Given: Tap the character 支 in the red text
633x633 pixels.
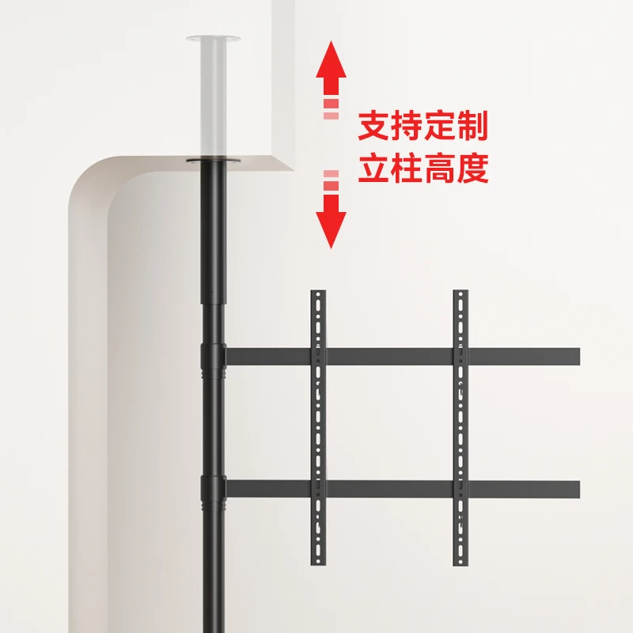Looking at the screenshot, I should (x=375, y=127).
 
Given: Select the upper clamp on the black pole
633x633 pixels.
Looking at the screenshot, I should (x=212, y=357).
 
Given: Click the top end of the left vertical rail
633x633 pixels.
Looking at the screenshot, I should (x=318, y=295).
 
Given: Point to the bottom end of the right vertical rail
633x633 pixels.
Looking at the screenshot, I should (x=461, y=561).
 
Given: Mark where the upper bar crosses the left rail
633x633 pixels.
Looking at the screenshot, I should (x=318, y=357).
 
